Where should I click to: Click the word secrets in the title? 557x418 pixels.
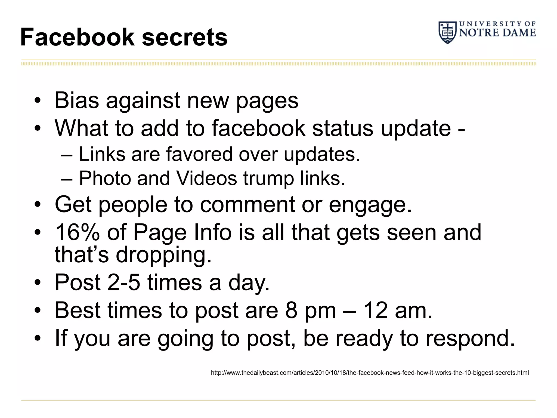coord(185,38)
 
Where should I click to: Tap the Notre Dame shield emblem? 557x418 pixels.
coord(447,33)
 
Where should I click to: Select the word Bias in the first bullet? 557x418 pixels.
coord(77,100)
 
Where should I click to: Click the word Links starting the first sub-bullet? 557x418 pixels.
coord(102,154)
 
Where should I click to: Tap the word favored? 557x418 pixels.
coord(199,154)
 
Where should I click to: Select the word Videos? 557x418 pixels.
coord(207,178)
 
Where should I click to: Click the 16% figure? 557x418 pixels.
coord(77,232)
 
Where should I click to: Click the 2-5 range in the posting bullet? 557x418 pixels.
coord(124,282)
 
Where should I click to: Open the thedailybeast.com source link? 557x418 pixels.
coord(370,373)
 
